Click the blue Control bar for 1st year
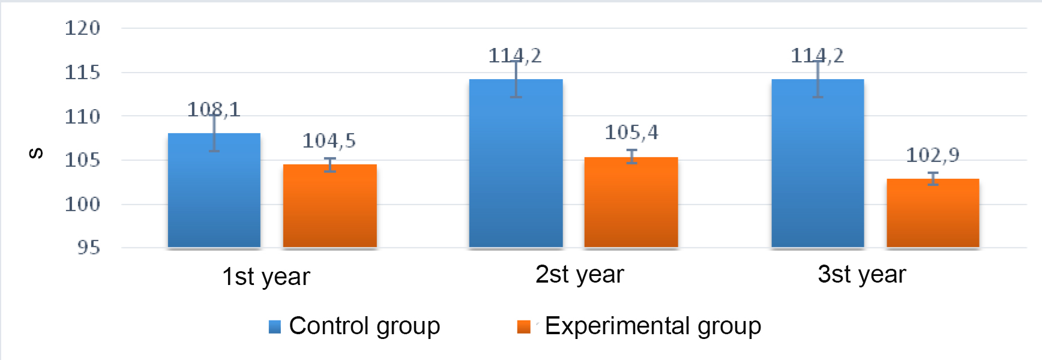(214, 192)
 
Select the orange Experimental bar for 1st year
(330, 207)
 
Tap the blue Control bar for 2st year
(516, 165)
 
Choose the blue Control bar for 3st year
(818, 165)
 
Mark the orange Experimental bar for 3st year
(933, 214)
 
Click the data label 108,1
(214, 109)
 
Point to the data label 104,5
(329, 141)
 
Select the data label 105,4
(631, 133)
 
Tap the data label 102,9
(933, 155)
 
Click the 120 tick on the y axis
(82, 28)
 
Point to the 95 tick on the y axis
(88, 248)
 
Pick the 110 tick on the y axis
(82, 116)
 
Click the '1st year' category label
(266, 277)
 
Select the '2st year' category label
(579, 274)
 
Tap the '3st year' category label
(861, 274)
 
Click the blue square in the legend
(275, 327)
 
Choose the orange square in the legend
(523, 327)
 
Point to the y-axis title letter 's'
(36, 154)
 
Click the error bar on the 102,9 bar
(933, 178)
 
